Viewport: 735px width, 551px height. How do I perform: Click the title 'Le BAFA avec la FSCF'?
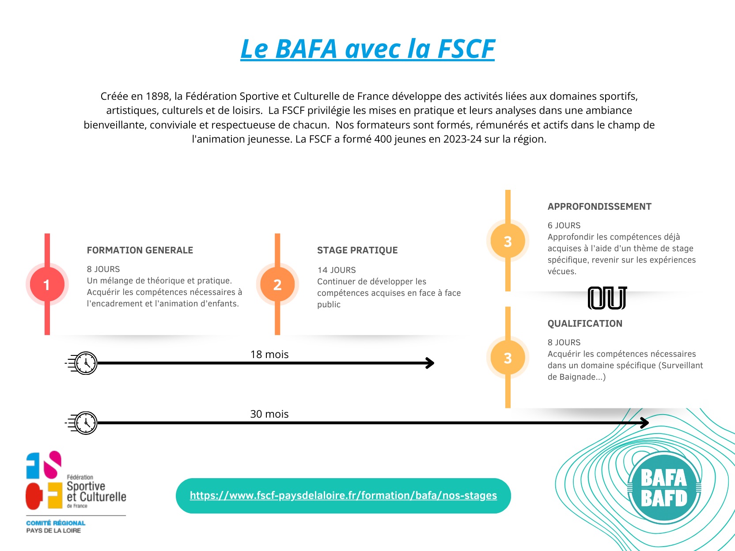coord(367,49)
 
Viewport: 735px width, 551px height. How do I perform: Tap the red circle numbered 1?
coord(47,284)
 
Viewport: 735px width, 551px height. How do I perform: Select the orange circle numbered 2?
coord(277,284)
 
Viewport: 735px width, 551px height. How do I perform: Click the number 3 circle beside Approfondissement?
coord(508,241)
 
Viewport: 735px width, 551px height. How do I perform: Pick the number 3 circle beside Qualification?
coord(508,358)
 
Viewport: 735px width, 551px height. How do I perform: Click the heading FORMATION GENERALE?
coord(140,250)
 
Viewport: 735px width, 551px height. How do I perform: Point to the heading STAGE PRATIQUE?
coord(357,250)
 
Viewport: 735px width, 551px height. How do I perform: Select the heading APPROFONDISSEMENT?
coord(599,207)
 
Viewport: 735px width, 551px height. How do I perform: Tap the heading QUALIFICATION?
coord(585,324)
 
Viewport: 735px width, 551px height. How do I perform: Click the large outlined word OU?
coord(607,298)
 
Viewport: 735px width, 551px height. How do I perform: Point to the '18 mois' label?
coord(269,354)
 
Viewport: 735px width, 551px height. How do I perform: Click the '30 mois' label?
coord(269,414)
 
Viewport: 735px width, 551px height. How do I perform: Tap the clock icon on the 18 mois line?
coord(82,363)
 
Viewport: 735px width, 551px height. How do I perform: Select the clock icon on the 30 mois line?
coord(82,423)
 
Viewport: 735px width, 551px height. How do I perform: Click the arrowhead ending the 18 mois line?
coord(430,363)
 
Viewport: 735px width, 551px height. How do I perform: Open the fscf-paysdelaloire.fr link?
coord(343,495)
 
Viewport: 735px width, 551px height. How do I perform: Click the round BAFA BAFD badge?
coord(664,488)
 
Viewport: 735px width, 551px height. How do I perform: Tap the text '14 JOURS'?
coord(337,270)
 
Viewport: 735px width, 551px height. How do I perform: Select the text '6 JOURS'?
coord(564,226)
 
